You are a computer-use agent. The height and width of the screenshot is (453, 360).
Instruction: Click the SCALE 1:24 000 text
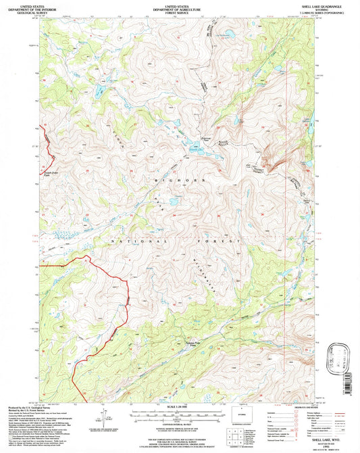[x=179, y=406]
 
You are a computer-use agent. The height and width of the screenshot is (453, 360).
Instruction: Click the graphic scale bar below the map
[x=179, y=413]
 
